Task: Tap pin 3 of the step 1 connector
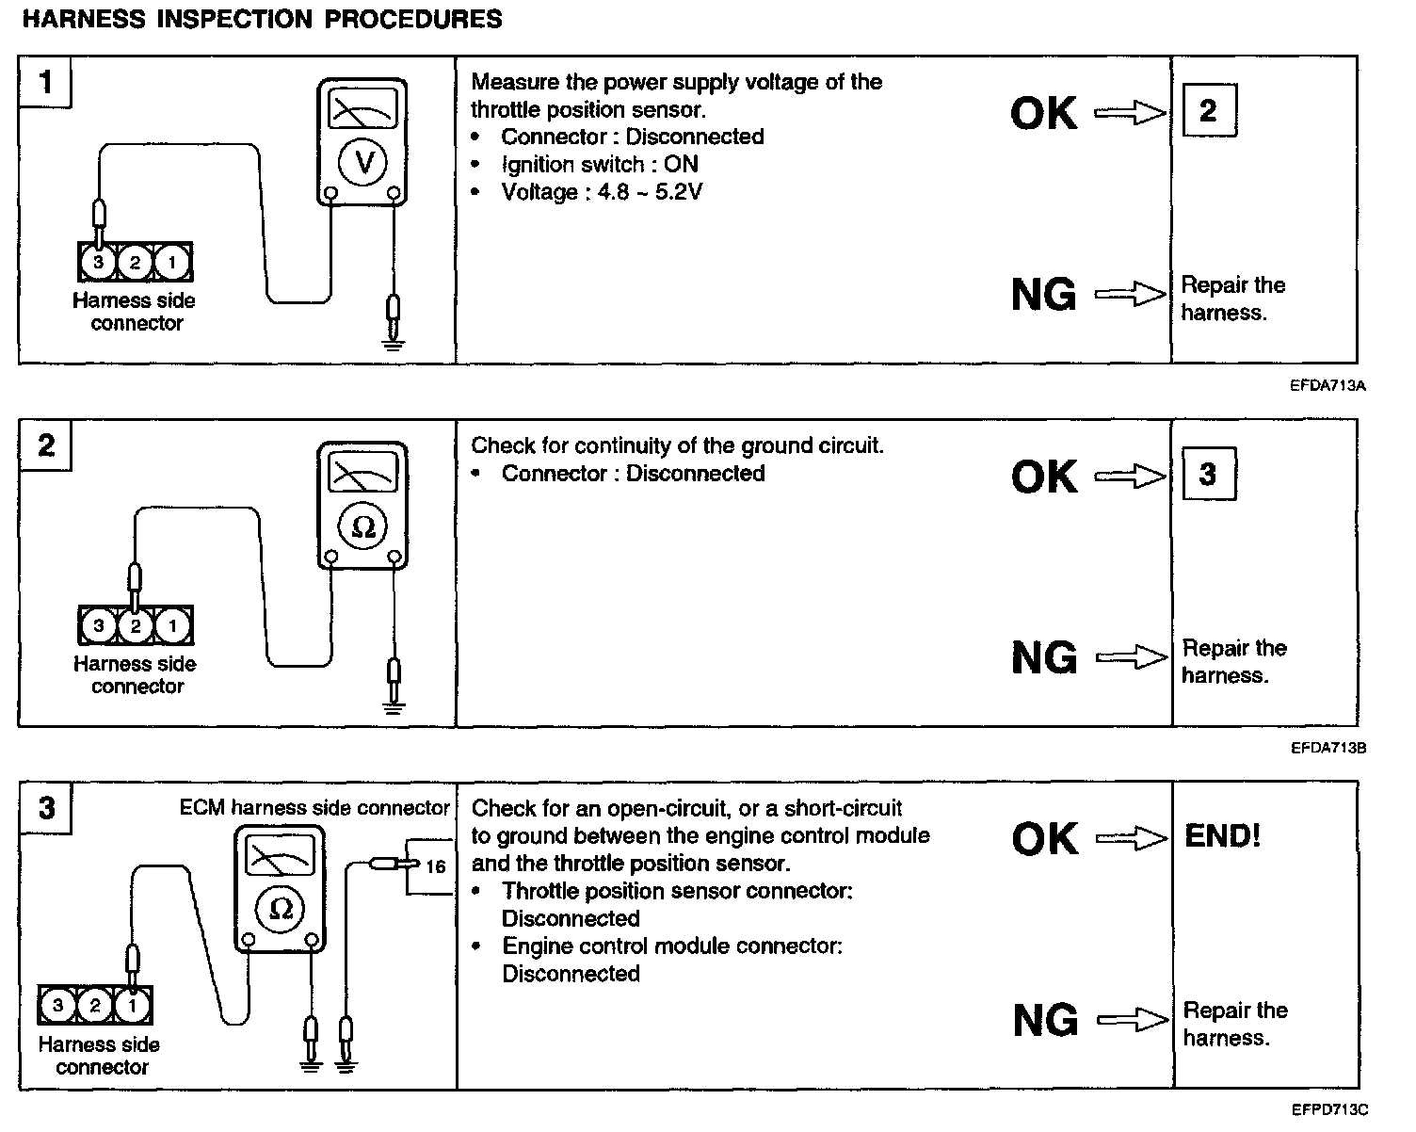(x=98, y=263)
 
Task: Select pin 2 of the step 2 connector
(x=136, y=625)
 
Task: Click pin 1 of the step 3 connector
(x=132, y=1006)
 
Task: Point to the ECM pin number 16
(x=435, y=866)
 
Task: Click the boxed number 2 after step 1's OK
(x=1208, y=111)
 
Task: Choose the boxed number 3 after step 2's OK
(x=1208, y=475)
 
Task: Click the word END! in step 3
(x=1222, y=836)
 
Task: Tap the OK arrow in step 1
(x=1130, y=114)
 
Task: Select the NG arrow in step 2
(x=1132, y=657)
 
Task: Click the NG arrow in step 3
(x=1133, y=1020)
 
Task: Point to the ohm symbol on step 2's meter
(x=362, y=527)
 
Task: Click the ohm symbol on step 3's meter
(x=281, y=908)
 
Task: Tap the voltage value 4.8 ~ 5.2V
(x=650, y=192)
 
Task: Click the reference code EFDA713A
(x=1327, y=385)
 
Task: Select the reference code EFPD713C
(x=1328, y=1110)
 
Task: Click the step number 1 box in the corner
(x=45, y=82)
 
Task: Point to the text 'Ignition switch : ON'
(x=600, y=164)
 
